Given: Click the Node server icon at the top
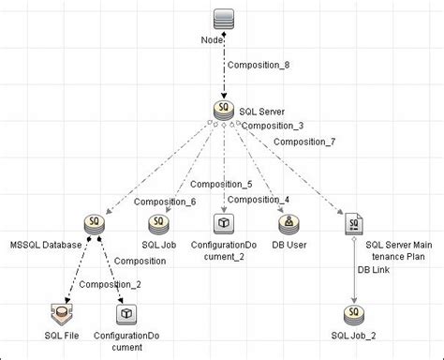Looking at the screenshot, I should [222, 19].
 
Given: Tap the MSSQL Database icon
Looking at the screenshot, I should [95, 223].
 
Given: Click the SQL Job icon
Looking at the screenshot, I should [158, 223].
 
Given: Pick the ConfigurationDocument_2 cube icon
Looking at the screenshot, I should [223, 223].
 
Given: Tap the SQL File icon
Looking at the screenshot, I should [62, 314].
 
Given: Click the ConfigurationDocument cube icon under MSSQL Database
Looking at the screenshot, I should [126, 314].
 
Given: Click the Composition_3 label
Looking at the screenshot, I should [272, 126].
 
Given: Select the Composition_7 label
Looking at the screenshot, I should [303, 142].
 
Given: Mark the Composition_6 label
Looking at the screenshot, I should [164, 201].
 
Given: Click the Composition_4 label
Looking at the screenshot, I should [258, 199].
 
